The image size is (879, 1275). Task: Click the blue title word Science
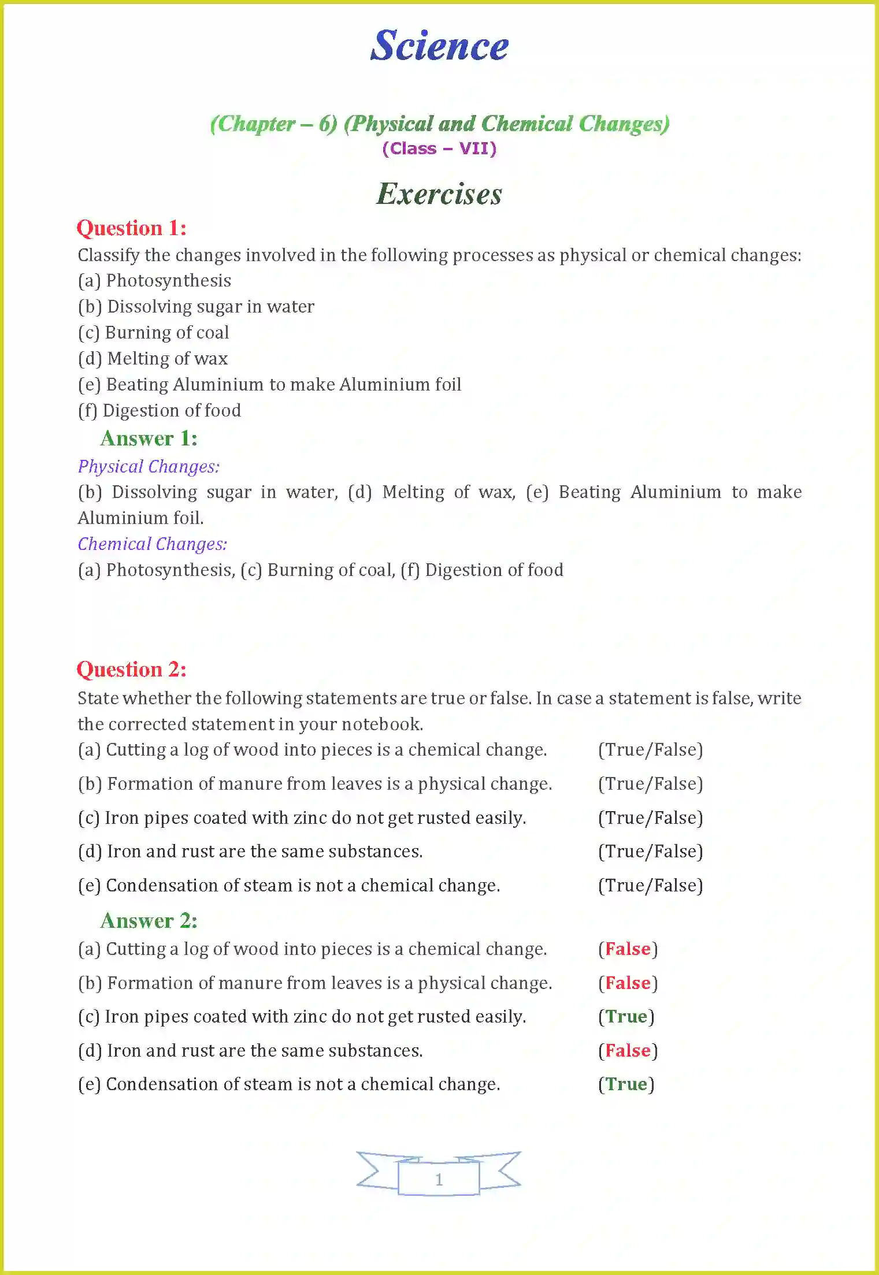tap(439, 46)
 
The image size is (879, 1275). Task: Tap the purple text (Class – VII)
tap(439, 149)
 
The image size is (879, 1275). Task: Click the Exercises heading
tap(439, 194)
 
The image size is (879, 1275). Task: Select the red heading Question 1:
tap(132, 228)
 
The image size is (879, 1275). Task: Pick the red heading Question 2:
tap(132, 670)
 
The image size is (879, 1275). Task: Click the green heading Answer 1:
tap(149, 438)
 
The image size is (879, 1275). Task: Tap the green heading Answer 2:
tap(149, 921)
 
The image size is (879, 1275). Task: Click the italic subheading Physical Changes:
tap(149, 467)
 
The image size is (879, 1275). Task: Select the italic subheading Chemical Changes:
tap(153, 544)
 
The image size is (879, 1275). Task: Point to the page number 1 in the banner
tap(439, 1179)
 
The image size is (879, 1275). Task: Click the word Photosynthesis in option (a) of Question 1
tap(169, 281)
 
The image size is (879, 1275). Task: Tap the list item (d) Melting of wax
tap(153, 359)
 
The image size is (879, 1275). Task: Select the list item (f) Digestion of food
tap(160, 411)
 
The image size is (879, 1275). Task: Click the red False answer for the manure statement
tap(628, 983)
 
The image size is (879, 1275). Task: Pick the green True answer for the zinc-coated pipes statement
tap(626, 1017)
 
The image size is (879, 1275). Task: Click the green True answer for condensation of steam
tap(626, 1084)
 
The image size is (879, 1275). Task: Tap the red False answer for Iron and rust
tap(628, 1051)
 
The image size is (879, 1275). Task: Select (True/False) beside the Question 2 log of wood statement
tap(650, 750)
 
